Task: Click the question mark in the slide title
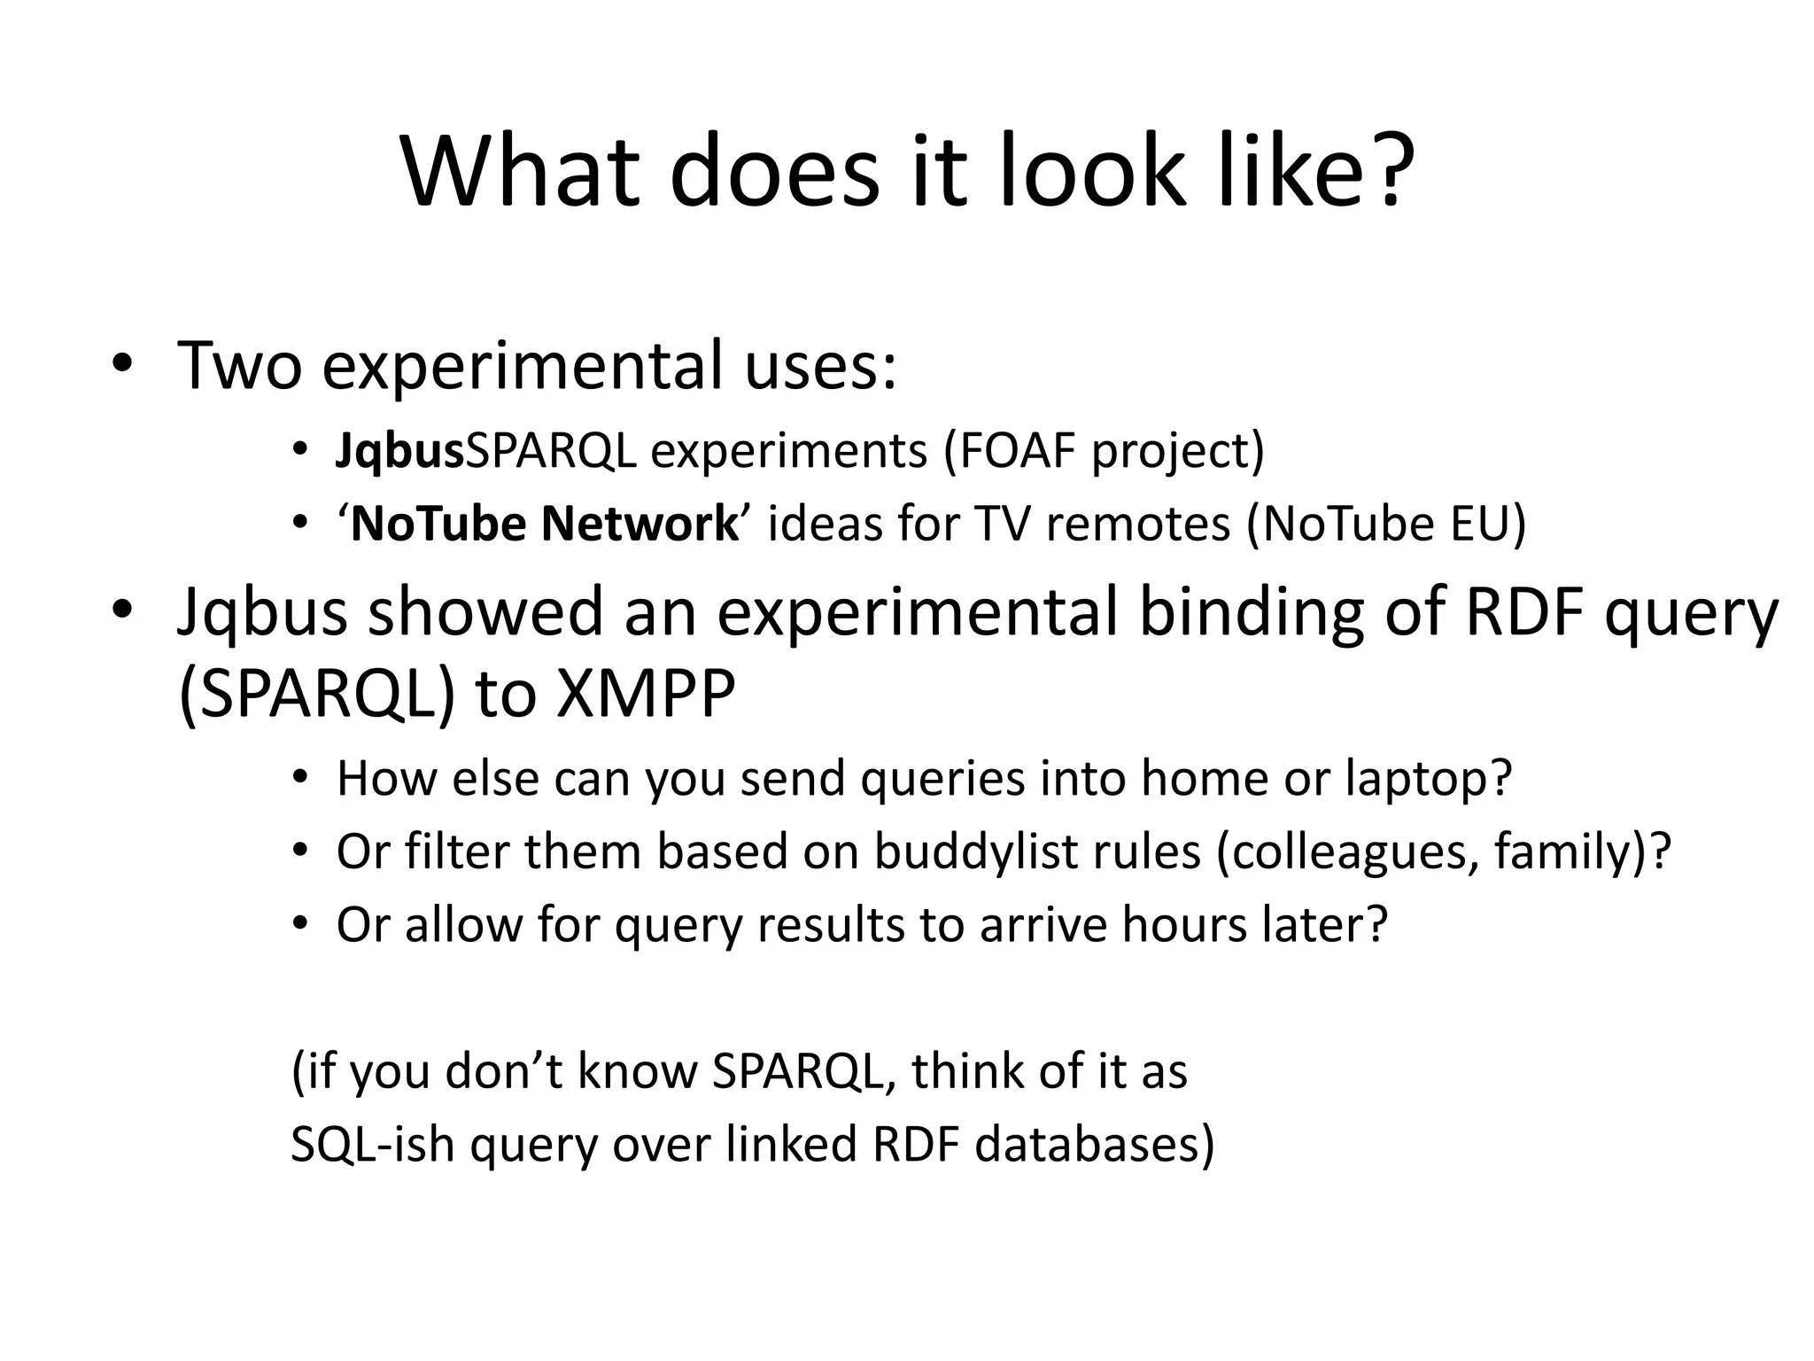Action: click(1376, 170)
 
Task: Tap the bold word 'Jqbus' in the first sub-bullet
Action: click(399, 451)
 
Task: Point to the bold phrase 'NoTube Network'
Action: click(544, 524)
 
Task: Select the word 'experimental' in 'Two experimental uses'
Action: click(523, 366)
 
